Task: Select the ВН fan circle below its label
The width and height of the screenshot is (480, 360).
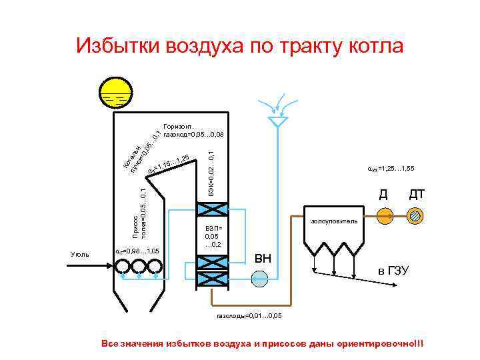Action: point(265,272)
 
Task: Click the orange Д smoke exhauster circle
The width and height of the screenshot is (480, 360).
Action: point(385,215)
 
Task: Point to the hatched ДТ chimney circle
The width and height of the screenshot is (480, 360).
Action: point(416,215)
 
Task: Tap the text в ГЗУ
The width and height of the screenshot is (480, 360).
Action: point(393,271)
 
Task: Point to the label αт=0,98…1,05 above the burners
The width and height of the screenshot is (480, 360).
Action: point(137,251)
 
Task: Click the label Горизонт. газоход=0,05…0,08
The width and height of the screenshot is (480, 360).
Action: point(193,130)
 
